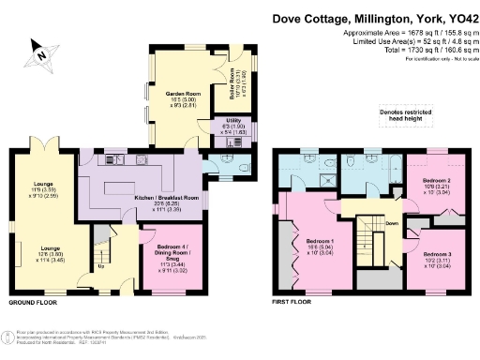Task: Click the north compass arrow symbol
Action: click(38, 52)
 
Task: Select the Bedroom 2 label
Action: click(438, 185)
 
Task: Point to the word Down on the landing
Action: click(392, 224)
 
